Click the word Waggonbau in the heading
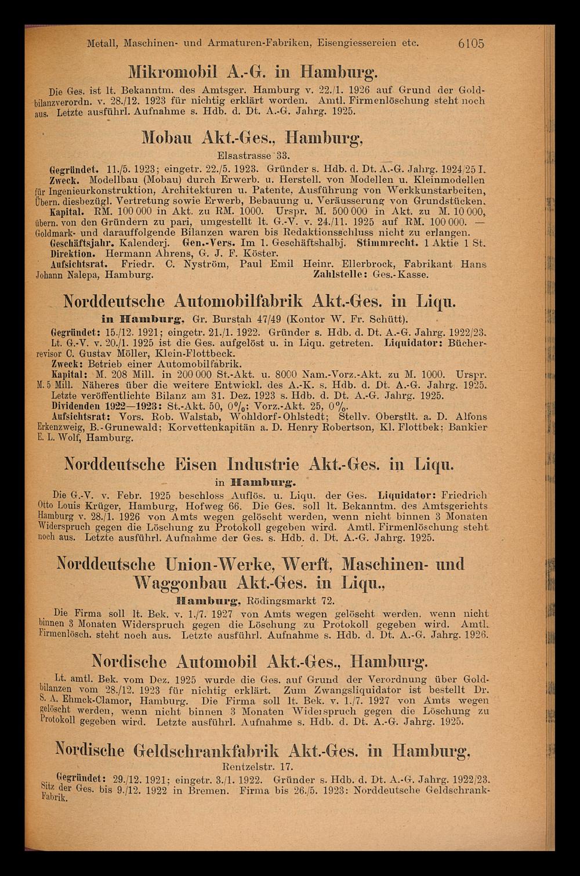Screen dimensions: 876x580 click(182, 582)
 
